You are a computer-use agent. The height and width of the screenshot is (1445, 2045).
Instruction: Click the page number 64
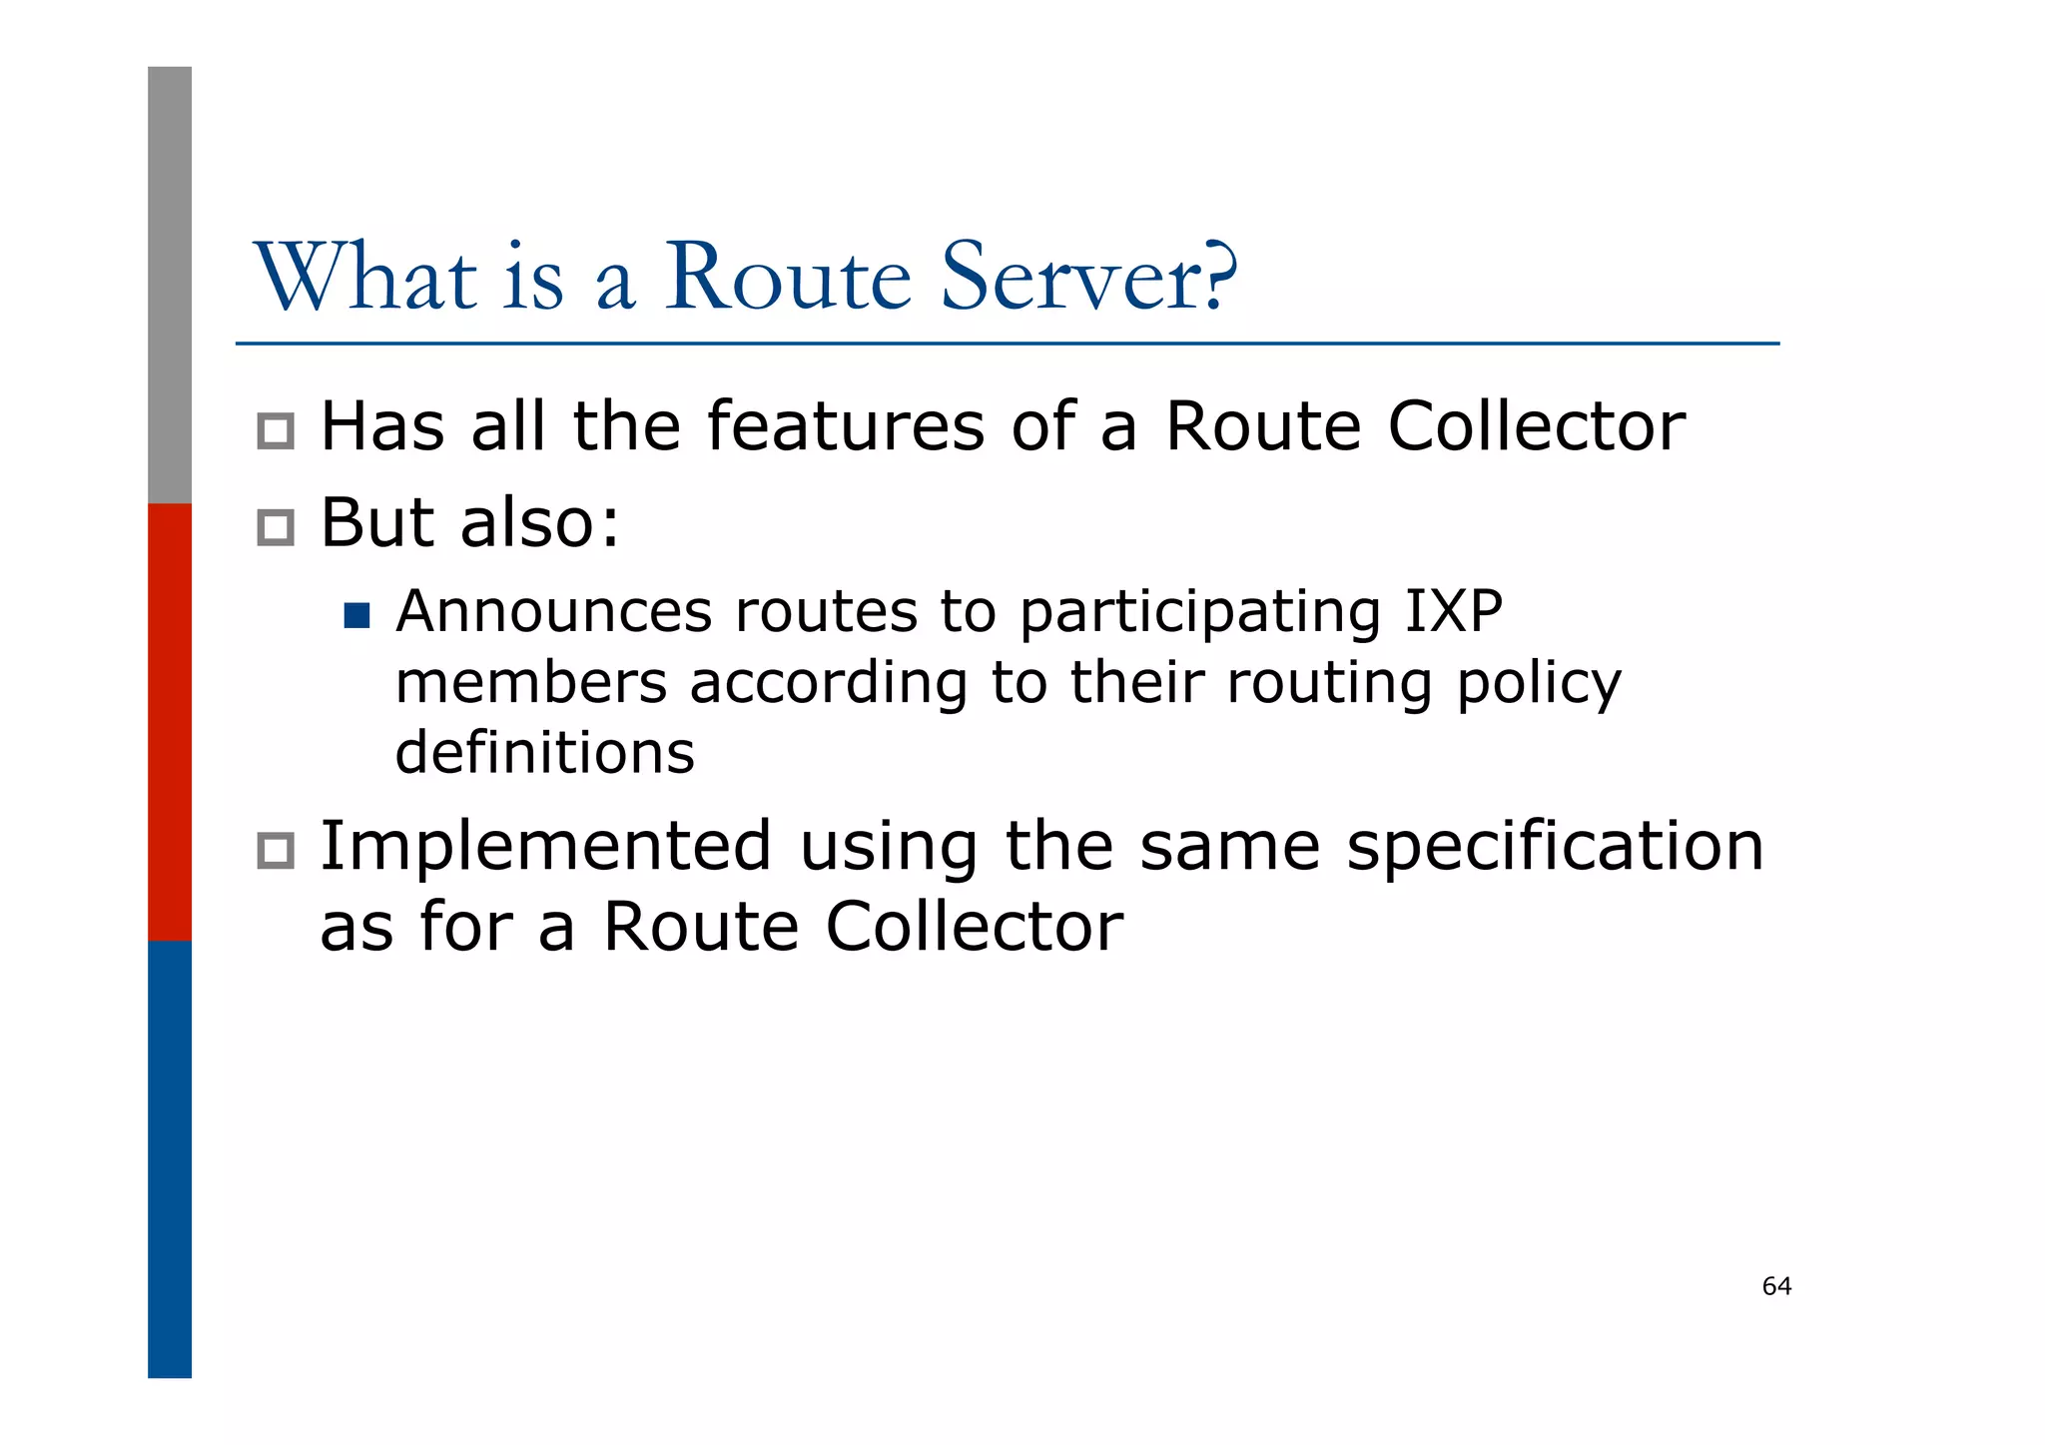1776,1286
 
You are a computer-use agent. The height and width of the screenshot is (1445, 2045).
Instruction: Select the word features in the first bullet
845,426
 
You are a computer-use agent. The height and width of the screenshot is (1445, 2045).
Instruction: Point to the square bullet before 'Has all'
276,431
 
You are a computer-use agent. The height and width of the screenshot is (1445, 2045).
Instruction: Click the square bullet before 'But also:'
276,527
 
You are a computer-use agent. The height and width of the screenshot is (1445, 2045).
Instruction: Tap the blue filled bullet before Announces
356,615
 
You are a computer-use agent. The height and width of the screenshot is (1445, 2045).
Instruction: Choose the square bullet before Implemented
276,851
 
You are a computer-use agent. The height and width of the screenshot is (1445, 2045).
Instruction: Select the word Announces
554,611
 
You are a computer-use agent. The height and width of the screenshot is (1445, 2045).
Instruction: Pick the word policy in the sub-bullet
1539,685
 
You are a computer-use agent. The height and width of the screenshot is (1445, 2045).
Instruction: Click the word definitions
544,753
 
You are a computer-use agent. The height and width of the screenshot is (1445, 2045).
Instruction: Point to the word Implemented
545,847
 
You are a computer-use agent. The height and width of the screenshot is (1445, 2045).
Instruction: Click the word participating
1200,613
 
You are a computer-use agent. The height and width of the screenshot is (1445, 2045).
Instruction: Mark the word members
531,683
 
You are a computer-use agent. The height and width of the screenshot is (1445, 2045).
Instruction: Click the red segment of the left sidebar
170,721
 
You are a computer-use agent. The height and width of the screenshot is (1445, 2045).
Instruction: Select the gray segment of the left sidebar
170,285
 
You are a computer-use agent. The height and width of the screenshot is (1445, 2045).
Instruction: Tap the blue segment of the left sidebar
170,1158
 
